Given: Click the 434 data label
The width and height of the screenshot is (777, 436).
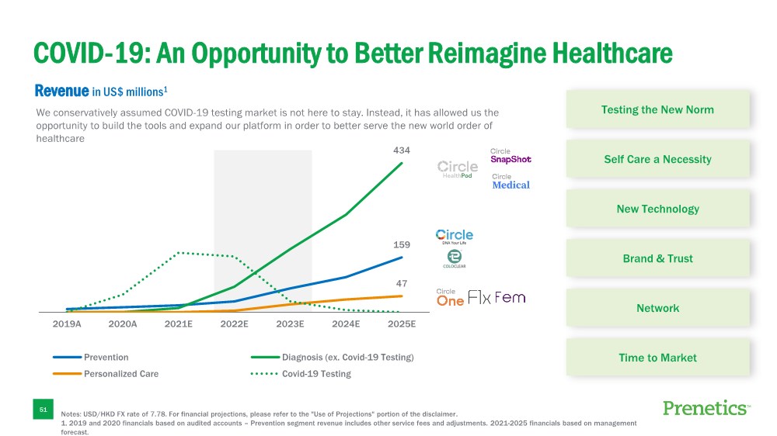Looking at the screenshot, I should (x=402, y=150).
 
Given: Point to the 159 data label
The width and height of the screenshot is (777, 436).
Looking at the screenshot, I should (x=402, y=244).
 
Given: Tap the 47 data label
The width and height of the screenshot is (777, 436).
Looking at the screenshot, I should (x=402, y=284).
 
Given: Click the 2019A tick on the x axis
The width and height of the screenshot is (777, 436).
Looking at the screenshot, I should (x=67, y=325).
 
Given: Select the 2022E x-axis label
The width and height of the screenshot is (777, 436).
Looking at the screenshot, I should (x=234, y=325).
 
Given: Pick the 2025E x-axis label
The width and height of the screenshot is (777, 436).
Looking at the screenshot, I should (x=402, y=325).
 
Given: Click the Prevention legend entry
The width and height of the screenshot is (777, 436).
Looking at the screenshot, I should (x=106, y=358).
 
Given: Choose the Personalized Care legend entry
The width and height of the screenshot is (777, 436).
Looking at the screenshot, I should (x=120, y=374).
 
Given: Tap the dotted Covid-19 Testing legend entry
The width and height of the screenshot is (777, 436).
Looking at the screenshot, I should (x=316, y=374).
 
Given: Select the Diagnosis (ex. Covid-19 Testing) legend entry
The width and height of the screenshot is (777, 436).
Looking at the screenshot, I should (x=347, y=358).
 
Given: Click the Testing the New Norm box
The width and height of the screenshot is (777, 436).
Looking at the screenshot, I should (x=657, y=109).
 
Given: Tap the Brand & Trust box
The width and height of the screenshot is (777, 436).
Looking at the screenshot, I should (x=657, y=258).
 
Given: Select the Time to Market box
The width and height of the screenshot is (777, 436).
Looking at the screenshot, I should (x=657, y=358).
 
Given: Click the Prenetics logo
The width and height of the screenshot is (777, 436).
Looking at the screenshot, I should (x=706, y=408).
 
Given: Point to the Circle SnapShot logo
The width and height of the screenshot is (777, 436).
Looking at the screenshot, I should (x=510, y=156).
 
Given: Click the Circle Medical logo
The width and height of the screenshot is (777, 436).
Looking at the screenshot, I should (x=510, y=182).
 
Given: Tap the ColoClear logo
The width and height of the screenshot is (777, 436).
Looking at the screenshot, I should (x=454, y=259).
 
